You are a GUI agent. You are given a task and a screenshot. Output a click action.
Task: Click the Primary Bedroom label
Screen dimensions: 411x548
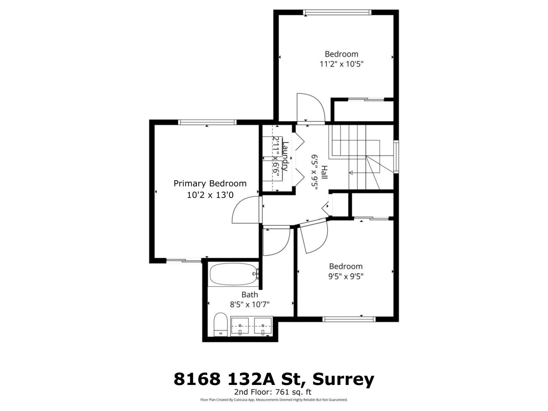pyautogui.click(x=210, y=184)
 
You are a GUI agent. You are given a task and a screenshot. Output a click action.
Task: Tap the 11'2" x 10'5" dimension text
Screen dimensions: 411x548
pyautogui.click(x=341, y=64)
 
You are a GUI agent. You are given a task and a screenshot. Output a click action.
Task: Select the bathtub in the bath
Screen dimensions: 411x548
pyautogui.click(x=233, y=274)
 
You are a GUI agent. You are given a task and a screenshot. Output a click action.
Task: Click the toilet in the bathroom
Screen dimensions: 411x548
pyautogui.click(x=220, y=324)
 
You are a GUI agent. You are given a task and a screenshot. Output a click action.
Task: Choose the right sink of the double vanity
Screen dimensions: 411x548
pyautogui.click(x=263, y=326)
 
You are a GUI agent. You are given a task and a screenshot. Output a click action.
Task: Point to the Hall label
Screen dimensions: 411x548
pyautogui.click(x=324, y=172)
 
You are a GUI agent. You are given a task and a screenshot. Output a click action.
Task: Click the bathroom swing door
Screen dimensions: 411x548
pyautogui.click(x=275, y=241)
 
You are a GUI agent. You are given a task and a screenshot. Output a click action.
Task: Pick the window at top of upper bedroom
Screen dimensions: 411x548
pyautogui.click(x=337, y=13)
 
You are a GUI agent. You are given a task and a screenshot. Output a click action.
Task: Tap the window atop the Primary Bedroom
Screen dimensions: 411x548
pyautogui.click(x=207, y=122)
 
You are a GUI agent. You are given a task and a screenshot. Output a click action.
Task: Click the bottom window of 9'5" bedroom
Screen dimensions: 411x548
pyautogui.click(x=349, y=319)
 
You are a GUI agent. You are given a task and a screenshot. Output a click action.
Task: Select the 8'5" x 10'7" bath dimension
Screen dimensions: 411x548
pyautogui.click(x=250, y=304)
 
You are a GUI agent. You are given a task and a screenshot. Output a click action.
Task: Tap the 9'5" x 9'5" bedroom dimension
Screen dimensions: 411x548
pyautogui.click(x=346, y=276)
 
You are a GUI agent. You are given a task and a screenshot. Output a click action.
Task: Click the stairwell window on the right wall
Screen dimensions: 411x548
pyautogui.click(x=396, y=157)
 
